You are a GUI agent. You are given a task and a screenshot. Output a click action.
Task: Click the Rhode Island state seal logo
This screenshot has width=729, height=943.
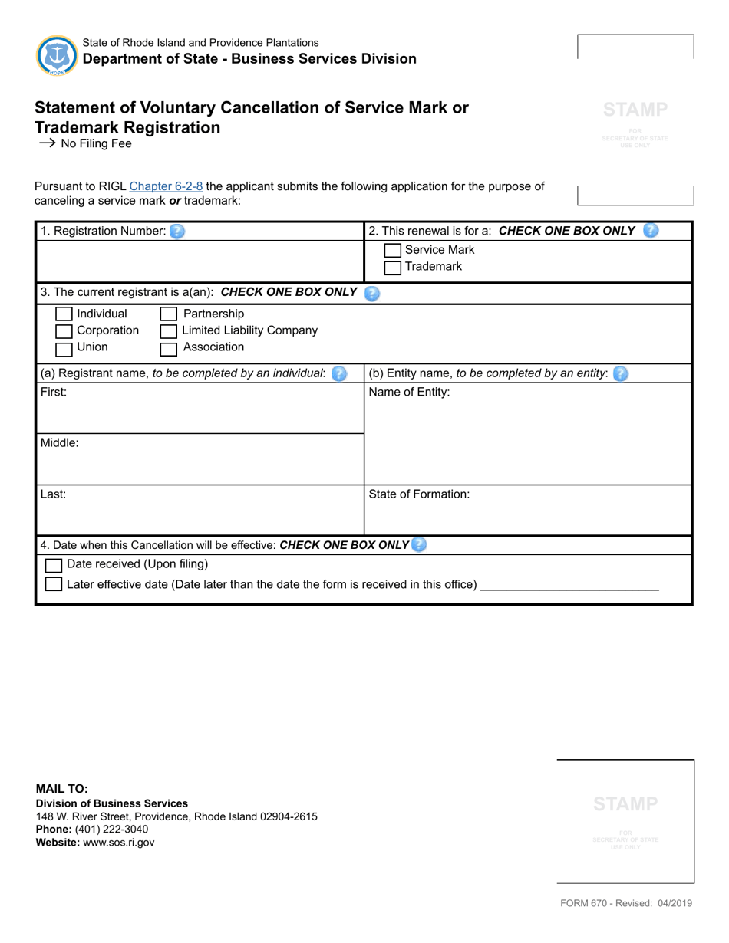[x=56, y=55]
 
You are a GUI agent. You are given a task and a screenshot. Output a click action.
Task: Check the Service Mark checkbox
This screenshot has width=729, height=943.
[x=392, y=251]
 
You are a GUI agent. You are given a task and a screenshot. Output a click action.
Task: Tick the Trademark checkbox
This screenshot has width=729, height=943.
[x=392, y=268]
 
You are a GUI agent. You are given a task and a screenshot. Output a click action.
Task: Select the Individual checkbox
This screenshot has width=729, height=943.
[x=64, y=314]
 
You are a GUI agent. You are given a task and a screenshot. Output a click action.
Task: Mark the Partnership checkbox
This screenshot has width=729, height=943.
[x=169, y=314]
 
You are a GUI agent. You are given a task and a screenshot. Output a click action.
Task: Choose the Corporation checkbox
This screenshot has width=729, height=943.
[x=64, y=331]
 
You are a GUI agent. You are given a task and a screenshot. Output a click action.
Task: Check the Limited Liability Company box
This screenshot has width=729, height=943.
[x=169, y=331]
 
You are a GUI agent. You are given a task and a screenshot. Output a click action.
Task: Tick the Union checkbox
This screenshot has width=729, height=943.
[x=64, y=349]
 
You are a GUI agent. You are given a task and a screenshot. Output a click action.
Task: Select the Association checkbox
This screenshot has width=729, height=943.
[x=169, y=349]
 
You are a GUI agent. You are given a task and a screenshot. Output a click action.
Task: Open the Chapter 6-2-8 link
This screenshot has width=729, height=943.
[x=167, y=186]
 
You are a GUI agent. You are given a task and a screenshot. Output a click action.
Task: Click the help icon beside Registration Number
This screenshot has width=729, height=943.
[x=177, y=231]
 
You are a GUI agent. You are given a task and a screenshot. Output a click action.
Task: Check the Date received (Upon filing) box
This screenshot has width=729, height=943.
[x=54, y=566]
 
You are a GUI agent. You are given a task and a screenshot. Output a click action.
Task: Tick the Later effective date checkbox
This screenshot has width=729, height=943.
[x=54, y=584]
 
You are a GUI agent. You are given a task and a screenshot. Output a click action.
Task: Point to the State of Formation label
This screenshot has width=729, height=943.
[x=419, y=495]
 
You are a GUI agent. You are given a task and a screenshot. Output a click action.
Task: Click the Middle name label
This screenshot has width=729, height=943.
[x=59, y=443]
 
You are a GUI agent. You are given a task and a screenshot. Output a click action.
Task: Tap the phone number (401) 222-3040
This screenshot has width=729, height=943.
[x=112, y=830]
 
